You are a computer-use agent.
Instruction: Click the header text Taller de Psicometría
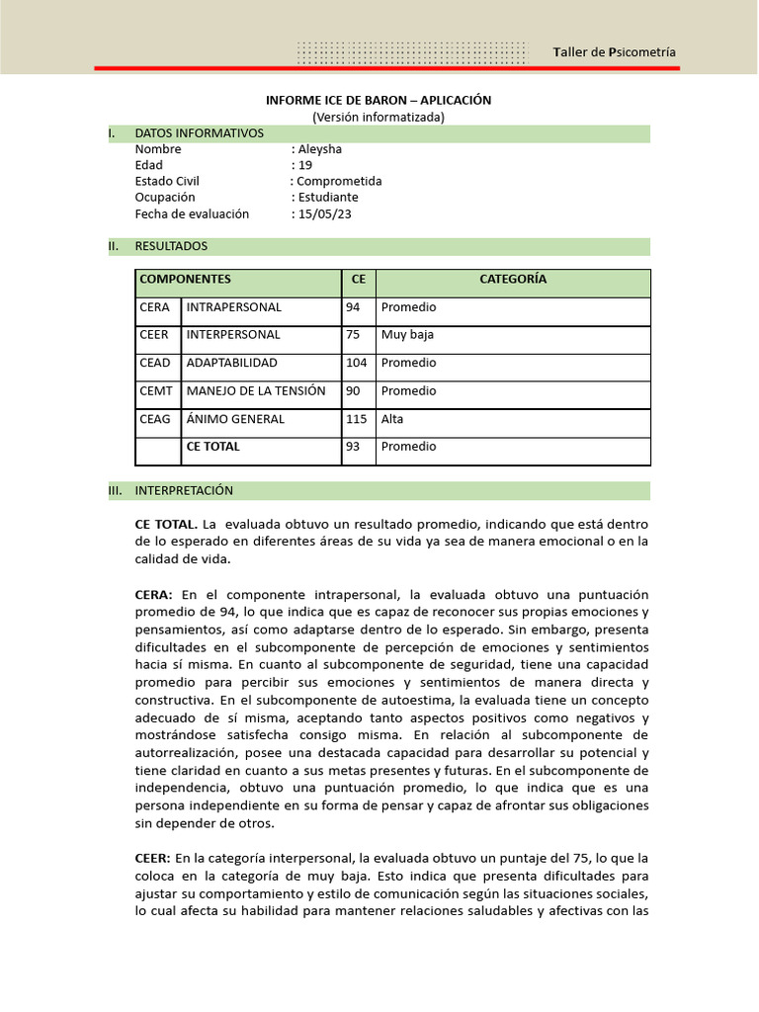click(x=615, y=52)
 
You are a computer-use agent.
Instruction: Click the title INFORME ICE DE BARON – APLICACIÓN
click(x=379, y=101)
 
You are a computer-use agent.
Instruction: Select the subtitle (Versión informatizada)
click(x=379, y=117)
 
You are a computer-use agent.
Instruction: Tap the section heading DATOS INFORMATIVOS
click(x=199, y=132)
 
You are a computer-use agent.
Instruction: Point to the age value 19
click(x=304, y=165)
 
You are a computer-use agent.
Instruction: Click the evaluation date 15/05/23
click(x=324, y=213)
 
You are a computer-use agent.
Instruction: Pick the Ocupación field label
click(x=165, y=198)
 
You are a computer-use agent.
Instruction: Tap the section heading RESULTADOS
click(x=171, y=246)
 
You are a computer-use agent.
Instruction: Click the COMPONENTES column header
click(x=185, y=280)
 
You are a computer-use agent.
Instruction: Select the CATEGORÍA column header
click(x=513, y=280)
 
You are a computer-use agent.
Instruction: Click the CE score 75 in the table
click(x=353, y=335)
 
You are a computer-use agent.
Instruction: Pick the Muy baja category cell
click(x=407, y=335)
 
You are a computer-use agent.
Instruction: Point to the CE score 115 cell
click(x=356, y=419)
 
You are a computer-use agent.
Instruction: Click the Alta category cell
click(x=392, y=419)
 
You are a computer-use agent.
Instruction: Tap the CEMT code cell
click(x=156, y=391)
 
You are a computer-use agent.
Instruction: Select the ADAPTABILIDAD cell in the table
click(x=231, y=363)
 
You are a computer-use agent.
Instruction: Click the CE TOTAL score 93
click(x=353, y=447)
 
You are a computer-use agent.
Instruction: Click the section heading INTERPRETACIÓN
click(x=184, y=490)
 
